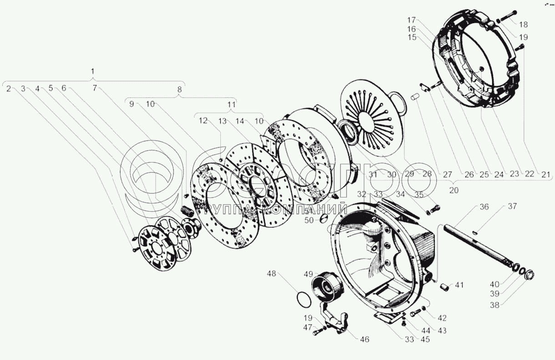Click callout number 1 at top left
93,71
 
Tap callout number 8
179,89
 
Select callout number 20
453,191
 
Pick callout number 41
459,285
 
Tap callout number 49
309,274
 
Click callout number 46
365,339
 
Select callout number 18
522,24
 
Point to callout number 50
309,221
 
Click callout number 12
203,121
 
